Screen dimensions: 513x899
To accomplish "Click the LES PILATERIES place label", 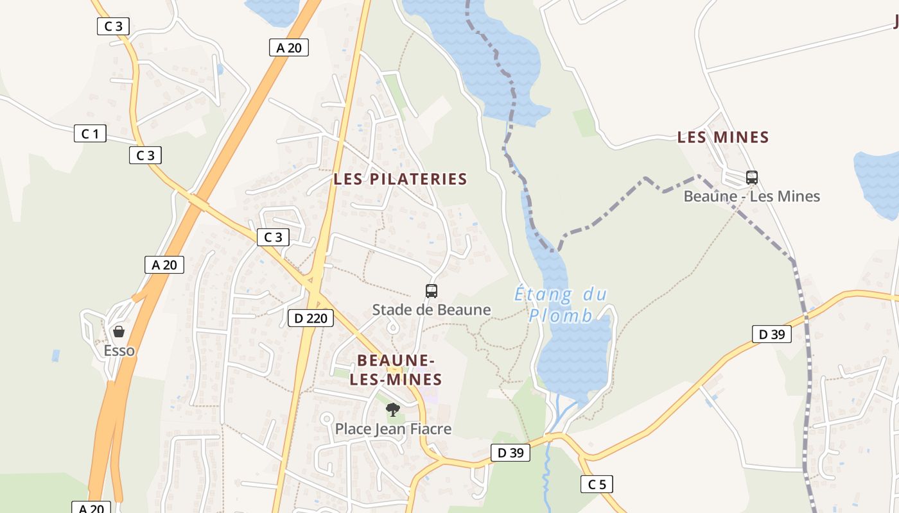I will (400, 179).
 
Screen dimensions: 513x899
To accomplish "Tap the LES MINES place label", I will (723, 137).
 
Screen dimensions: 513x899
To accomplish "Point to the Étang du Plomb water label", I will (561, 305).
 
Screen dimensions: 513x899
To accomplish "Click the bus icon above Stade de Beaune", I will (432, 291).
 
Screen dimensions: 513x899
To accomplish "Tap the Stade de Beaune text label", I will (432, 310).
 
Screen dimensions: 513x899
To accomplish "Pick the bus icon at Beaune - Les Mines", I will (752, 178).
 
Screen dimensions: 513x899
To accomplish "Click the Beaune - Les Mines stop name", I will (751, 196).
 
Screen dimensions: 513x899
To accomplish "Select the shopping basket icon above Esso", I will (119, 332).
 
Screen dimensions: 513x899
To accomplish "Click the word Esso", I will (119, 351).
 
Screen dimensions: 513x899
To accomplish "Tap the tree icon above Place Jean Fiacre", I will (392, 410).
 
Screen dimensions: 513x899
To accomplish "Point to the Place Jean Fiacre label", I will (393, 429).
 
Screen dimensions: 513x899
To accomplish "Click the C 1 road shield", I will (90, 133).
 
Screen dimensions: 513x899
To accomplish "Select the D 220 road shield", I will (311, 317).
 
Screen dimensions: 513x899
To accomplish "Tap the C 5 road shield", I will (597, 484).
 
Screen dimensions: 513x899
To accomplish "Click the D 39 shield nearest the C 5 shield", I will (511, 453).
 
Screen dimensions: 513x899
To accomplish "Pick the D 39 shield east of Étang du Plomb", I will (772, 334).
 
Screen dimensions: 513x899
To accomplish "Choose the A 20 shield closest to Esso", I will (164, 265).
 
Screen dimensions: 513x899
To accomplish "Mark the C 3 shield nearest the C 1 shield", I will (145, 155).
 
